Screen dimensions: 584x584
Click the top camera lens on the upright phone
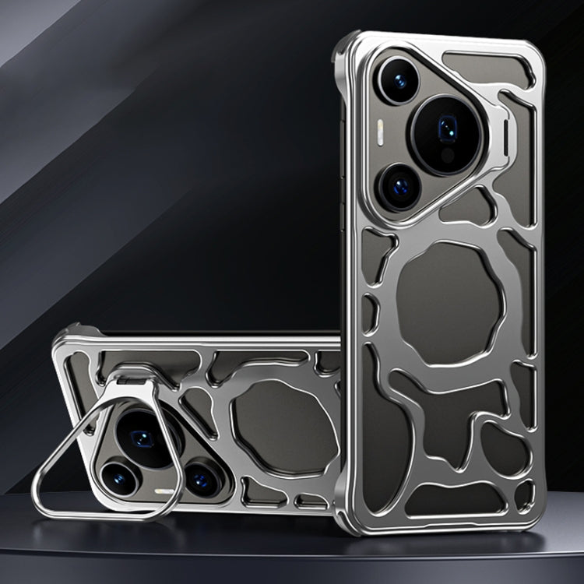(399, 80)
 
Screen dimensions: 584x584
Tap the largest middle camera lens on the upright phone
(447, 132)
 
